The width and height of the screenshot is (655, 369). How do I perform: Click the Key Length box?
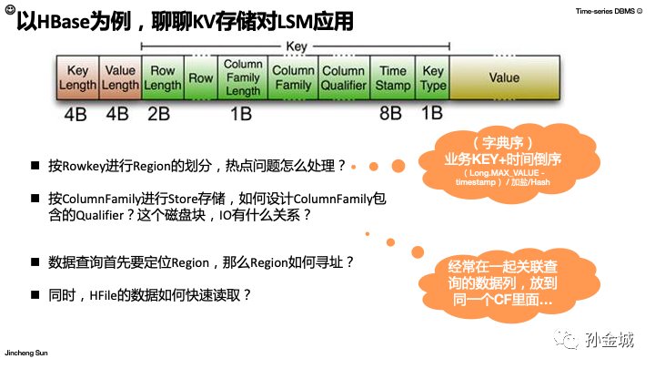[x=77, y=77]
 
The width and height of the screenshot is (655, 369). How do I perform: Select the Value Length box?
[x=120, y=77]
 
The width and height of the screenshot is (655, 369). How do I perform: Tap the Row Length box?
[x=164, y=77]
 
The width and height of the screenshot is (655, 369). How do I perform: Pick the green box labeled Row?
[x=201, y=78]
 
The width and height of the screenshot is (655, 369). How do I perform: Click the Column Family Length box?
[x=243, y=77]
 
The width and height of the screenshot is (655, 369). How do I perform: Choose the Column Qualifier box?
[x=344, y=77]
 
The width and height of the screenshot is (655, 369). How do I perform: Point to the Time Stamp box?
[x=393, y=77]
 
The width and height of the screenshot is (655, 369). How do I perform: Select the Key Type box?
[x=433, y=77]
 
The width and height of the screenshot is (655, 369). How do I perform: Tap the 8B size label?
[x=390, y=114]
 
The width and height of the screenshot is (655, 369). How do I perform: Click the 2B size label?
[x=158, y=114]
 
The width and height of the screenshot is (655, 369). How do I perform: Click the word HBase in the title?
[x=65, y=19]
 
